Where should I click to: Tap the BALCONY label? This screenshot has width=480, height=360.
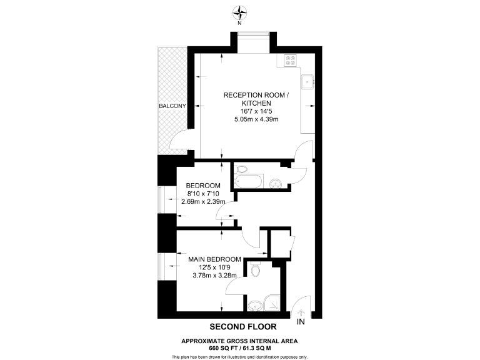pos(172,106)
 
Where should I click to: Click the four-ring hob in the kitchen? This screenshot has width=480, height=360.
pos(291,61)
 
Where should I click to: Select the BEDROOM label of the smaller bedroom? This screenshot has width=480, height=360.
pos(203,186)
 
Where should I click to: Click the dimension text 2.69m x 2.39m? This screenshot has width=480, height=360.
pos(203,201)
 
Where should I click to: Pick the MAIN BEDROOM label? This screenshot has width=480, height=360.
pos(214,259)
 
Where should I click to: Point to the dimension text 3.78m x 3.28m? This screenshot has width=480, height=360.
pos(214,276)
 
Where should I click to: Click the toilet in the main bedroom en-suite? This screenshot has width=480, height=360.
pos(254,269)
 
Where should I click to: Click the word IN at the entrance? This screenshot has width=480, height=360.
pos(301,322)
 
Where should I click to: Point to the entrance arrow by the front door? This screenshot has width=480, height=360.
pos(301,311)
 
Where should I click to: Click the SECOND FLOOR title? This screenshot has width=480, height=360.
pos(239,326)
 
